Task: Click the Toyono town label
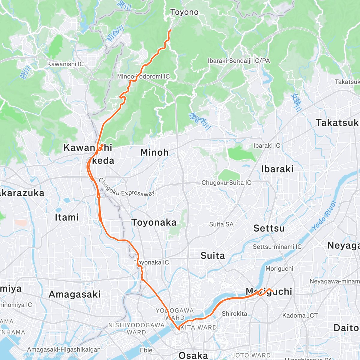(184, 12)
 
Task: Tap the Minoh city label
(154, 152)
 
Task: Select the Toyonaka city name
(154, 223)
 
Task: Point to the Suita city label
(213, 256)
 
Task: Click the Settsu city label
(269, 228)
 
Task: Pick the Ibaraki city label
(277, 169)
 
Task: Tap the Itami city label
(67, 217)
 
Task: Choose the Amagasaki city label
(74, 294)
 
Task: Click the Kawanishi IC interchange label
(65, 64)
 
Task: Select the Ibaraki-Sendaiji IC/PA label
(239, 61)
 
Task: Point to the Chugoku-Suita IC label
(226, 183)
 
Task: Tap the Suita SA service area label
(221, 224)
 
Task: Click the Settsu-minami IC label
(277, 247)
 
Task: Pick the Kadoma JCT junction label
(300, 315)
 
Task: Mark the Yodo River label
(324, 215)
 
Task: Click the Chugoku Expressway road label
(126, 188)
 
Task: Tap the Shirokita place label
(235, 313)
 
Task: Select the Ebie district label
(146, 350)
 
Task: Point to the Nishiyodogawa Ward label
(136, 328)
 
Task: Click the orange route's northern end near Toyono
(170, 30)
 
